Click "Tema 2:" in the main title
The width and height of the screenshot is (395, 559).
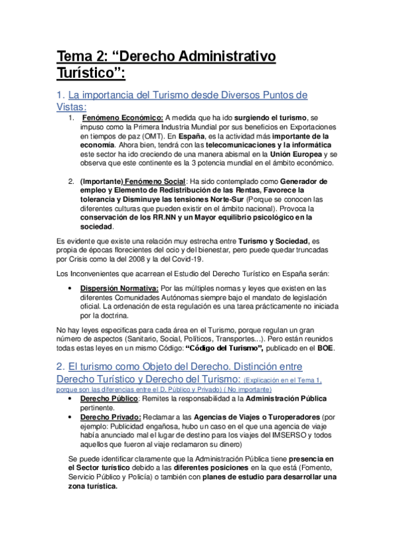click(x=80, y=57)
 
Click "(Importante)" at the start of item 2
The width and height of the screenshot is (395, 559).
click(x=100, y=181)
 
